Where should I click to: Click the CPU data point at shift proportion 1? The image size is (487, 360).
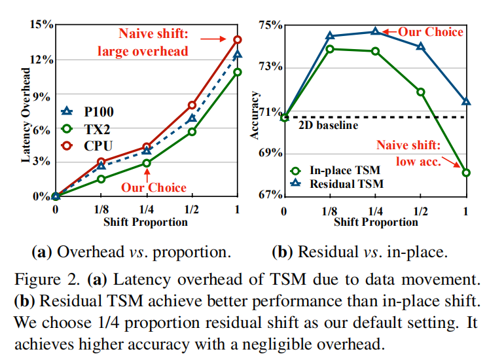point(238,40)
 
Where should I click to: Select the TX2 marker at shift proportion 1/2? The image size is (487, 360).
point(192,132)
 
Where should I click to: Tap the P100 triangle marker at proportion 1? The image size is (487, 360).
point(238,55)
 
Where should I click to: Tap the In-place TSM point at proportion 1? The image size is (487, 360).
point(465,173)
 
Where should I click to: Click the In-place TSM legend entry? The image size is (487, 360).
point(340,169)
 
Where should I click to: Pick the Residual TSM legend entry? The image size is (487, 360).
point(340,184)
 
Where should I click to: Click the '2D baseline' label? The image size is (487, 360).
point(329,125)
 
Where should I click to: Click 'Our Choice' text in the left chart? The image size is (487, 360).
point(153,187)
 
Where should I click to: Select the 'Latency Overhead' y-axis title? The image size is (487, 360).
point(26,115)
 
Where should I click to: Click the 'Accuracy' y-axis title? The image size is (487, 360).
point(256,116)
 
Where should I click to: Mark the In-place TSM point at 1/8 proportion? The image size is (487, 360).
point(330,48)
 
